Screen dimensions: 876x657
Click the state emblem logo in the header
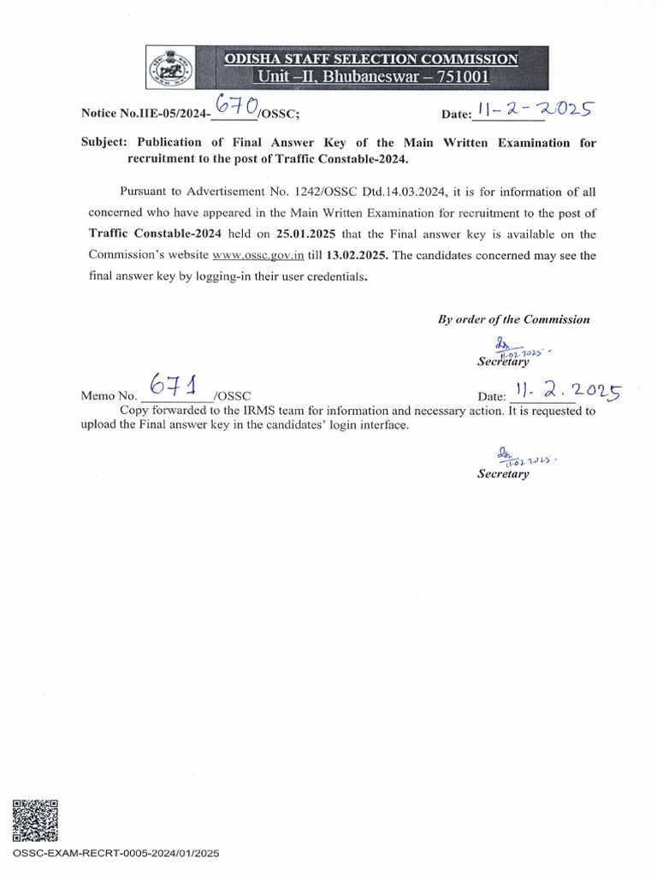click(x=169, y=67)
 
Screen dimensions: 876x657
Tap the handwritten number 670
click(x=236, y=107)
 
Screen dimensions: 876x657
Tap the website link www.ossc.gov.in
click(x=258, y=255)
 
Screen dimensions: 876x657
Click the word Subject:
click(x=104, y=143)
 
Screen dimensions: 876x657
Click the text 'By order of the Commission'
click(x=513, y=319)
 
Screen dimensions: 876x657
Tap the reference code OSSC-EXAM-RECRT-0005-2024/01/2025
click(x=117, y=853)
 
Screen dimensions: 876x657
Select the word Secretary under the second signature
click(x=503, y=474)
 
